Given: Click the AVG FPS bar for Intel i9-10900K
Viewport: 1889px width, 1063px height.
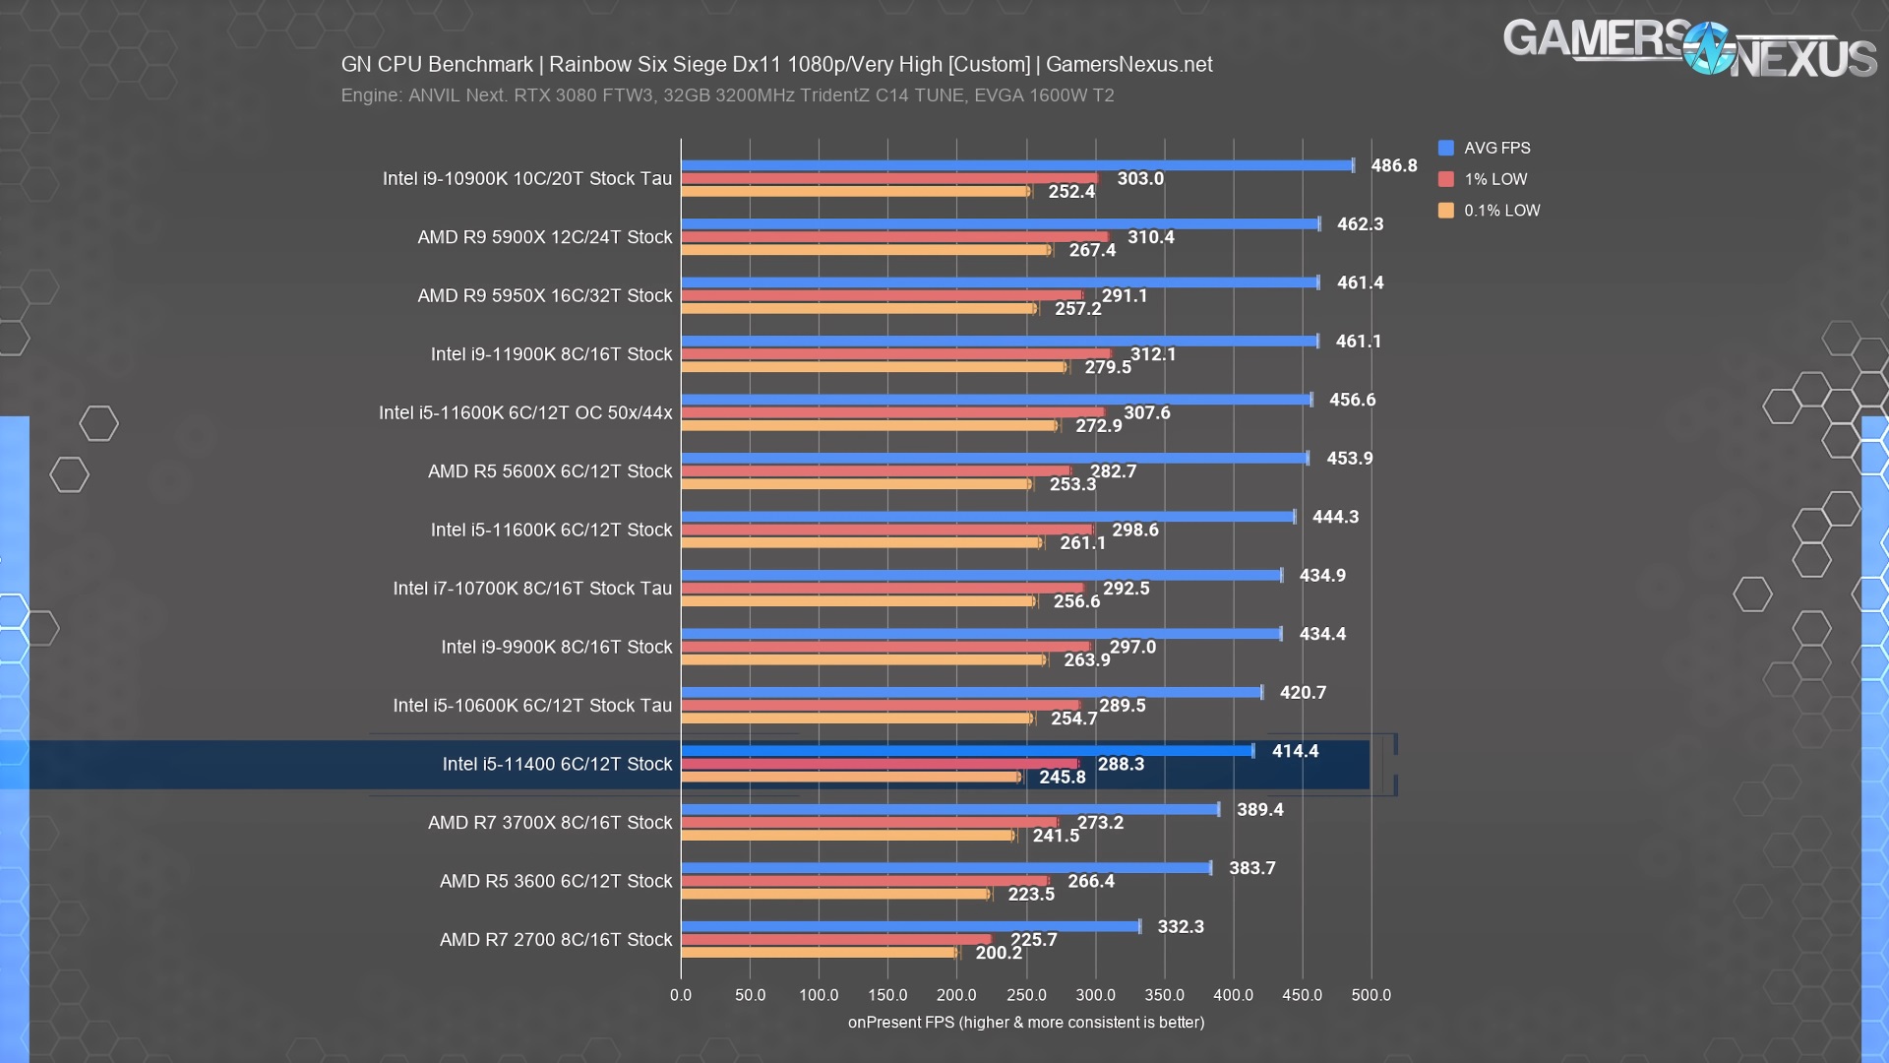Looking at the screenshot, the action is click(x=1017, y=165).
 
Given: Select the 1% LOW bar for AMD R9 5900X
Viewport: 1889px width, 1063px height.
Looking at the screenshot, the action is click(x=895, y=237).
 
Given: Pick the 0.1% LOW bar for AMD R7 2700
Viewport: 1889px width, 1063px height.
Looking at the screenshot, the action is click(x=820, y=953).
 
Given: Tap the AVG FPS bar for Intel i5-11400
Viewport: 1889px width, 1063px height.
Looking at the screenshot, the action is click(x=967, y=751).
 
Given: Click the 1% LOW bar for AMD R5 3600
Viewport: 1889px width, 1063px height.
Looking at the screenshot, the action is click(x=865, y=881).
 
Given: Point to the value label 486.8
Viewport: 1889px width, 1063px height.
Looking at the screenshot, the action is click(x=1394, y=165).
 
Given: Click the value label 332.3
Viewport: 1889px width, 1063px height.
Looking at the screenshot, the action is click(x=1181, y=926).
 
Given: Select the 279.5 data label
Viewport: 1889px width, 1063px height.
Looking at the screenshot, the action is click(x=1108, y=367).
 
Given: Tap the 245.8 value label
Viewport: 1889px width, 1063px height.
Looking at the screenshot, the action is click(x=1063, y=777).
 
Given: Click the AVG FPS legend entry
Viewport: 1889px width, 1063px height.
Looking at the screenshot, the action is click(x=1485, y=148).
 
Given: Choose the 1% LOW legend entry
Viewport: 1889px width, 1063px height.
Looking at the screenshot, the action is click(x=1483, y=179).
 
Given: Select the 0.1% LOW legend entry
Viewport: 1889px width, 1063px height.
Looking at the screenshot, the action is click(x=1490, y=211).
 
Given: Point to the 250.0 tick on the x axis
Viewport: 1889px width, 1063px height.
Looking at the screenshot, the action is click(x=1026, y=995).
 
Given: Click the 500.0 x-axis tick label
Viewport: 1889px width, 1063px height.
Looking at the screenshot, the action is click(x=1371, y=995).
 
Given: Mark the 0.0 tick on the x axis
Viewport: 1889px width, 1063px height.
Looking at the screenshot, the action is click(x=681, y=995).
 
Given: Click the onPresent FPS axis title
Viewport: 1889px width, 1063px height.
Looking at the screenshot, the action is click(x=1026, y=1023).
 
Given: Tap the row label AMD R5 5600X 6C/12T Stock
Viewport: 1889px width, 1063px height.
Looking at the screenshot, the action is click(x=550, y=471).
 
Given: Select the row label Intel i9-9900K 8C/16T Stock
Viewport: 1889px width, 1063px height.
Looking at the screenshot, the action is click(x=557, y=647).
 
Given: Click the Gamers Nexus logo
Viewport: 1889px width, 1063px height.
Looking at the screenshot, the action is click(x=1690, y=47).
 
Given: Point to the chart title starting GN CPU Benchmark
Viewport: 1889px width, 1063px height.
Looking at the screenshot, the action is click(x=776, y=65).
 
